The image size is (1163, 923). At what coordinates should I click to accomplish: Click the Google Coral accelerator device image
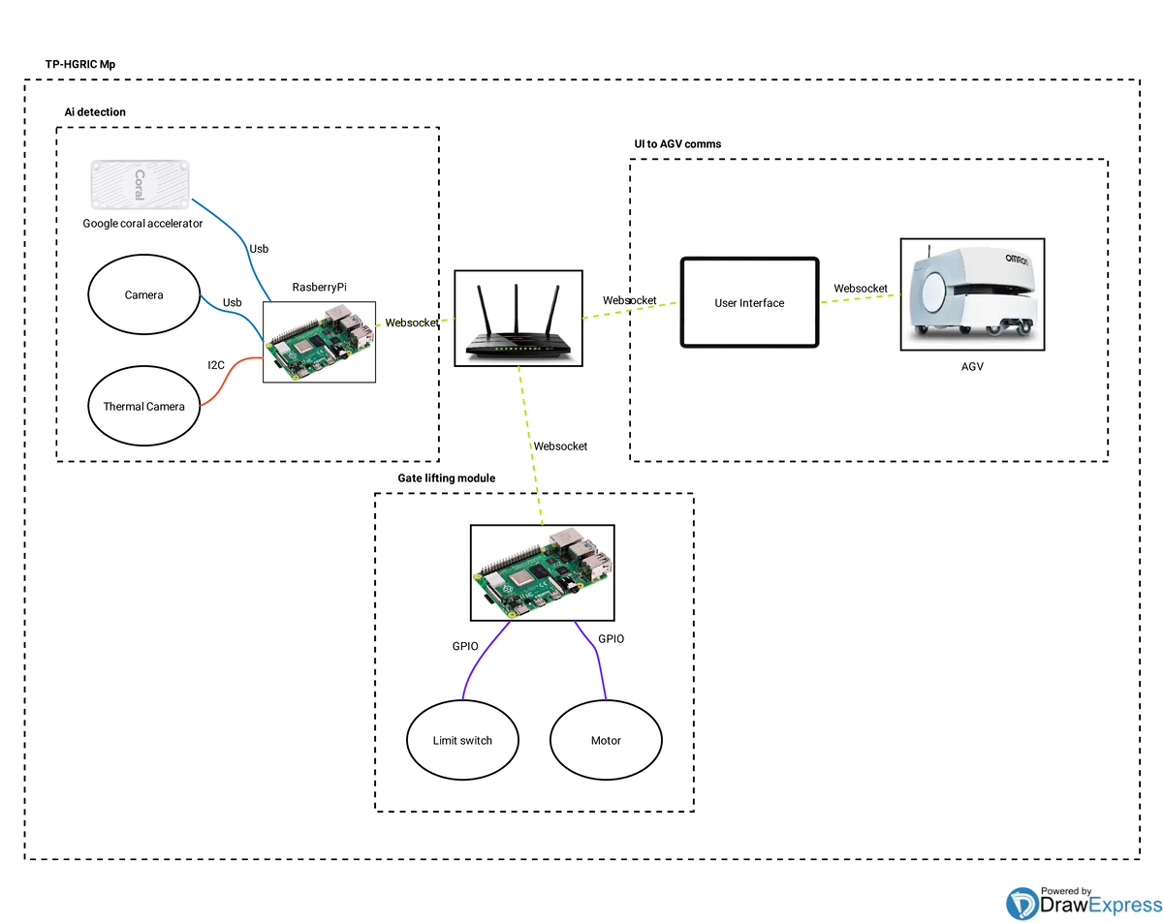141,185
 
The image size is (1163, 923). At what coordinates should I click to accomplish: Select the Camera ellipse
143,295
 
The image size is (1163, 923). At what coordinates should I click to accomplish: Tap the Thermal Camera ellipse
143,407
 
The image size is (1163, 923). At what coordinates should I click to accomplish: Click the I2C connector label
216,365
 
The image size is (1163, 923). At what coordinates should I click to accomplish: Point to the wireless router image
518,319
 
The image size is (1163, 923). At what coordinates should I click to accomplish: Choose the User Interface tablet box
749,303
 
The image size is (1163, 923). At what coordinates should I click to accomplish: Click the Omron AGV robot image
972,294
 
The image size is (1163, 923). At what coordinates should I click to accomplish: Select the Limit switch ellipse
462,741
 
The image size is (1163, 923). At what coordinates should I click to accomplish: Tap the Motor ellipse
606,741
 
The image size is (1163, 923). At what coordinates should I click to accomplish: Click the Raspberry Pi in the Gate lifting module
542,573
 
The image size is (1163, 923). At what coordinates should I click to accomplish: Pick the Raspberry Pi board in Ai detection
319,341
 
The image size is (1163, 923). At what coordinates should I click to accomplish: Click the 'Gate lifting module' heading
447,478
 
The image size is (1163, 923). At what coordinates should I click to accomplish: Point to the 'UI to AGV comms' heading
677,144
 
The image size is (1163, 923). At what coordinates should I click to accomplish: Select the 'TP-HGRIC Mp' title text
80,65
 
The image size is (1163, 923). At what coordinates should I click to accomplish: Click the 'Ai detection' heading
95,112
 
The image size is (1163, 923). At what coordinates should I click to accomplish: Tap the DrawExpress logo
1084,902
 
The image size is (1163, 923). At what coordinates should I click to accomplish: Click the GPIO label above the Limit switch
465,646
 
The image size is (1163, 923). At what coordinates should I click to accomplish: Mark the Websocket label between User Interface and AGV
861,289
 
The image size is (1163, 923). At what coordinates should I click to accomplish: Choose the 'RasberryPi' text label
319,288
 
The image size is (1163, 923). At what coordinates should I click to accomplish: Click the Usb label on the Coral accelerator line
259,249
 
